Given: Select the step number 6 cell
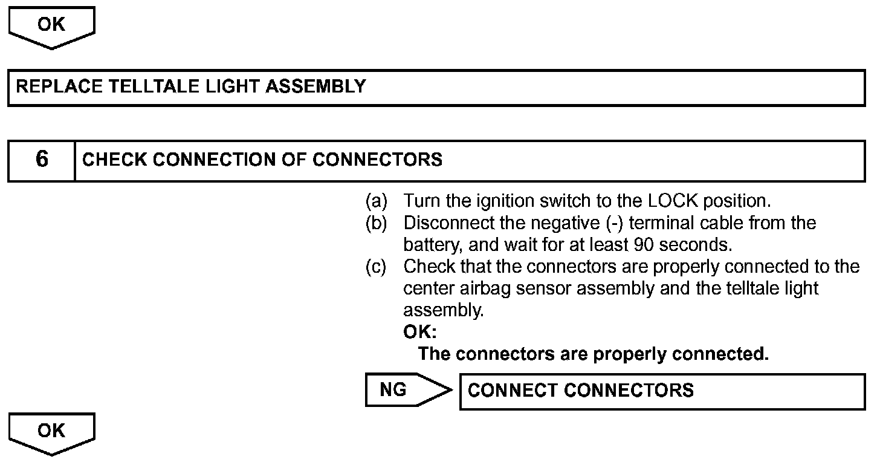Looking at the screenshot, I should (x=42, y=160).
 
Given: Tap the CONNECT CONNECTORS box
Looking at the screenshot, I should (x=662, y=391).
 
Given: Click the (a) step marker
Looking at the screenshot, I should (x=376, y=200).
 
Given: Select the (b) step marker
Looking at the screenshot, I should (x=376, y=223).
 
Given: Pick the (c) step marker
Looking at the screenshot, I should (x=376, y=267).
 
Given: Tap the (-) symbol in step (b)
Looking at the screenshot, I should (x=611, y=223).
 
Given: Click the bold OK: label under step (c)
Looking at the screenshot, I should (x=419, y=332).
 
